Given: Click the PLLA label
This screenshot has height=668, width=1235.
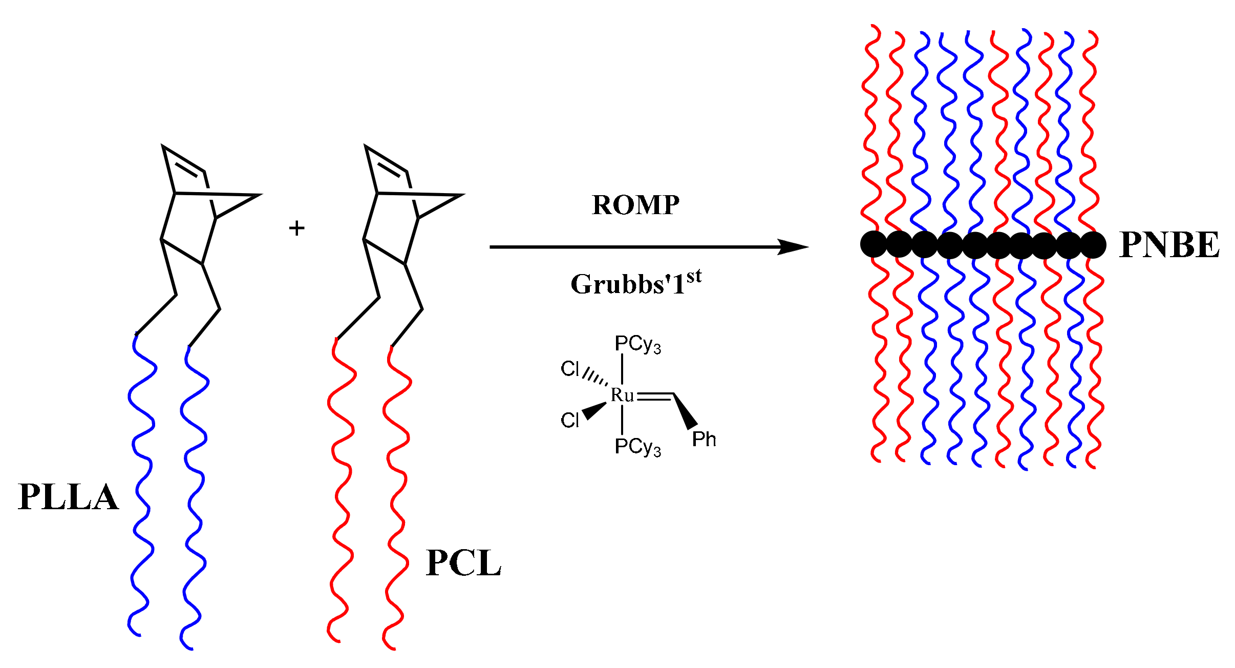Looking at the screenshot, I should (x=68, y=496).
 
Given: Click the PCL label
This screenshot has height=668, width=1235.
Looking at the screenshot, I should (x=463, y=563).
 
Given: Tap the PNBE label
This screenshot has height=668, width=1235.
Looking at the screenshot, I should (x=1169, y=244).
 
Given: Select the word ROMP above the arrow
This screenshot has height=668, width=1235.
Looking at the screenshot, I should (x=635, y=205).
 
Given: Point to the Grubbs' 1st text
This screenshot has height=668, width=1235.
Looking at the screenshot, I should (x=635, y=283).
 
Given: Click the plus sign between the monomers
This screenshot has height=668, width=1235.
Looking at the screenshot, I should (x=296, y=228).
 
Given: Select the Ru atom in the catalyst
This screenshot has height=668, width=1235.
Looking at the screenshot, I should (x=622, y=395).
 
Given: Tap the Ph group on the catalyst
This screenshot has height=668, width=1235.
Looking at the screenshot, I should (x=704, y=440).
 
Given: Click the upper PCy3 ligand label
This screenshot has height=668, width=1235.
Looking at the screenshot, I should (x=637, y=344).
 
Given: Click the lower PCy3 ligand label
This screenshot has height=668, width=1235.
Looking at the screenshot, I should (x=637, y=447).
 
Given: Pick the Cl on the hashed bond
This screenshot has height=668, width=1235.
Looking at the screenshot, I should (x=570, y=368).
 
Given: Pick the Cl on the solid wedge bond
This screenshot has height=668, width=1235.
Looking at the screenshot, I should (x=570, y=420).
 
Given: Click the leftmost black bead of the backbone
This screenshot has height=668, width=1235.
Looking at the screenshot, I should (x=874, y=244).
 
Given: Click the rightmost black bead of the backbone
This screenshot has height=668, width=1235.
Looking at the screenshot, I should (x=1093, y=244).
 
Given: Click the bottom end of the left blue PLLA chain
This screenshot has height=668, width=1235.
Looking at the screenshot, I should (x=138, y=635).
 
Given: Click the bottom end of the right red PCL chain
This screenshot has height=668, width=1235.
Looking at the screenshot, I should (x=393, y=649).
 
